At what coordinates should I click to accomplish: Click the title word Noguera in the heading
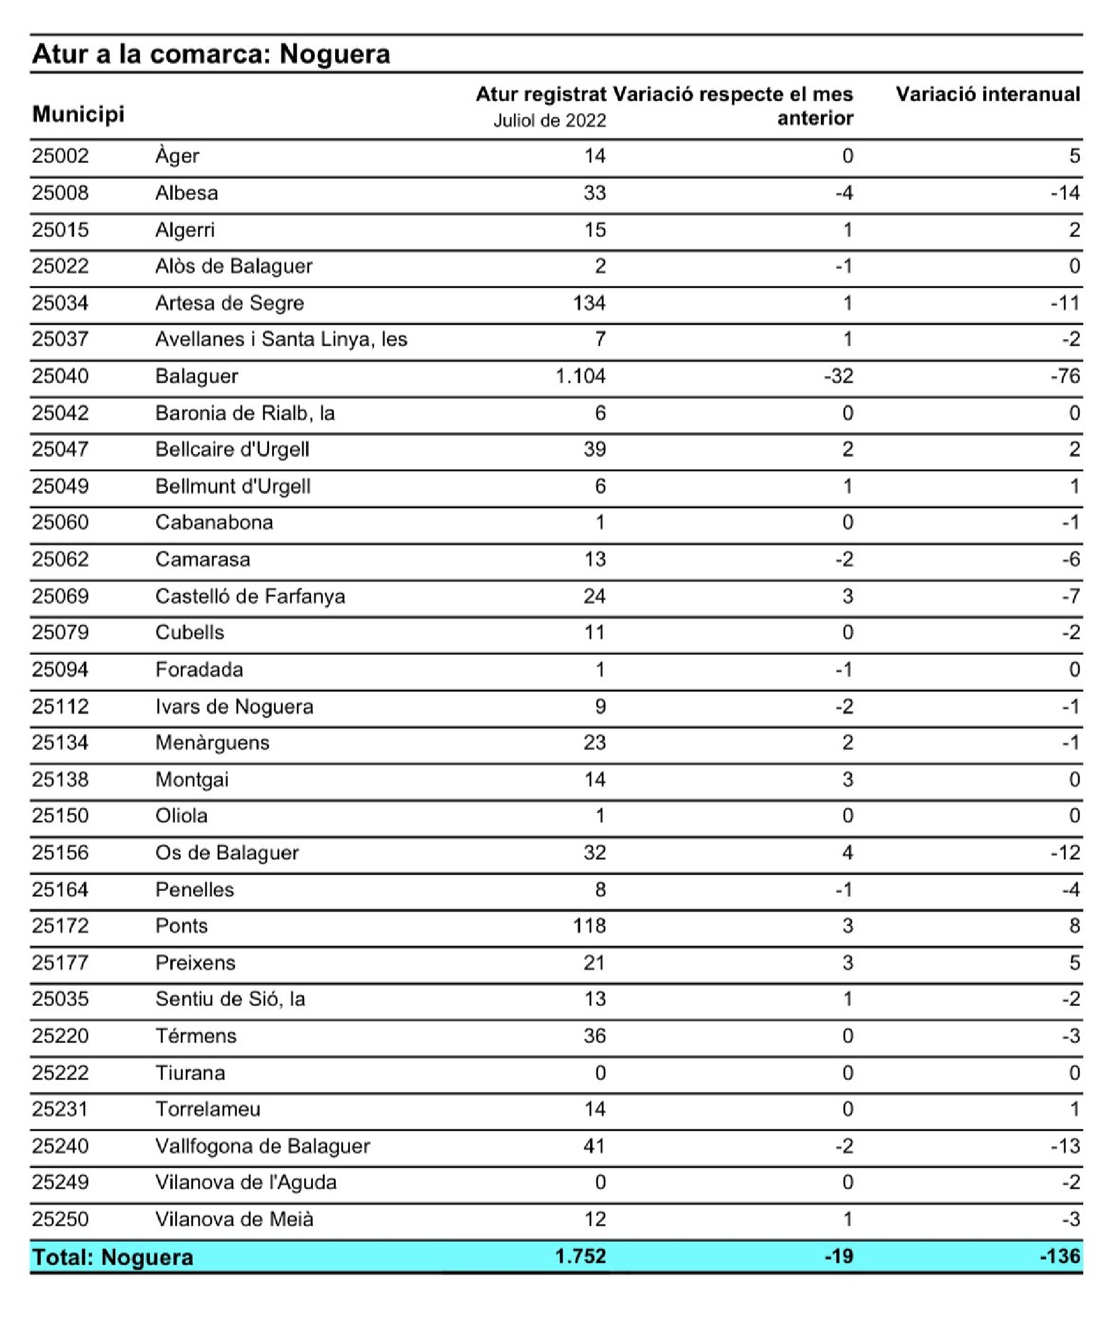coord(335,54)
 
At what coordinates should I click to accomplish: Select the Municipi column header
coord(78,114)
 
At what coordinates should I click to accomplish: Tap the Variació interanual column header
coord(988,94)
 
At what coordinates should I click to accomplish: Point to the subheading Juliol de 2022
coord(549,120)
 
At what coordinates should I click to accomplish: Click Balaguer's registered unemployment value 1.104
coord(580,376)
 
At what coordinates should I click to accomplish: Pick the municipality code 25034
coord(60,303)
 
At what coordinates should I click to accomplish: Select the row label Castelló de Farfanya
coord(250,596)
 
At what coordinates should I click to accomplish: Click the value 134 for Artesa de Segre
coord(589,303)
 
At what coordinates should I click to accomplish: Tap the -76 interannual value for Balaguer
coord(1065,376)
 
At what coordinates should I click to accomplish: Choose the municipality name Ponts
coord(181,925)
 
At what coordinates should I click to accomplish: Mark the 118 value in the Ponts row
coord(589,925)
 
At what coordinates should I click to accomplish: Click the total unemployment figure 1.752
coord(580,1256)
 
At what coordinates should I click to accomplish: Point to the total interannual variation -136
coord(1060,1256)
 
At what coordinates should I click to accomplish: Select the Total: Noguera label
coord(113,1257)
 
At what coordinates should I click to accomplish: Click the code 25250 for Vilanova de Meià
coord(60,1219)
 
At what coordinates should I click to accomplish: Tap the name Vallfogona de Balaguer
coord(263,1145)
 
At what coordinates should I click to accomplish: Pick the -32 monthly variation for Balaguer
coord(839,376)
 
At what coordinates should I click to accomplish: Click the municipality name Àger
coord(177,156)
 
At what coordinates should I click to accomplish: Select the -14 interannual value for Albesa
coord(1065,193)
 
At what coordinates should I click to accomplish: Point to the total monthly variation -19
coord(839,1256)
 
